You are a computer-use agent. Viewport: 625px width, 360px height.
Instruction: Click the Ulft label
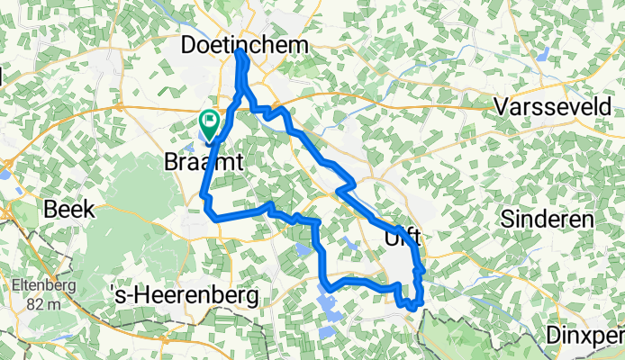(403, 238)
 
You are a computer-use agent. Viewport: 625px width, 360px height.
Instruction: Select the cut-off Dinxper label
(585, 336)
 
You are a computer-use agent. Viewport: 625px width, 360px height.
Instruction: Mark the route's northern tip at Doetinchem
(240, 54)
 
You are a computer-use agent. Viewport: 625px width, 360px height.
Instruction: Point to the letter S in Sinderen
(506, 219)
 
